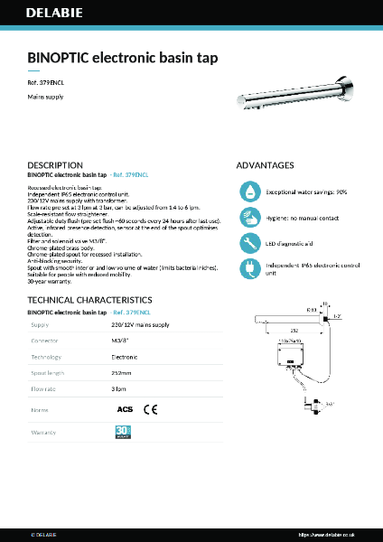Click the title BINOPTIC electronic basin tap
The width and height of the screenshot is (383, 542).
pos(123,57)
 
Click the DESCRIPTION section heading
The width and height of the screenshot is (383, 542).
pos(55,166)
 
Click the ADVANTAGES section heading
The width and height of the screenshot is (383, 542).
pos(265,166)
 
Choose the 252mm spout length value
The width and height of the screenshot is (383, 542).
pos(121,373)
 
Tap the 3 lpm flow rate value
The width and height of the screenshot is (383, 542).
pos(118,389)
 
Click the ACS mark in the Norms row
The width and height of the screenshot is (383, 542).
pos(125,409)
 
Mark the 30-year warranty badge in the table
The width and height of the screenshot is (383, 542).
pos(123,433)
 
